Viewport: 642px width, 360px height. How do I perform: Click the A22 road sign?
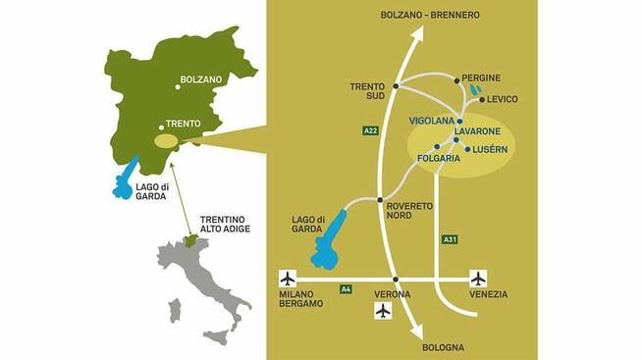[370, 129]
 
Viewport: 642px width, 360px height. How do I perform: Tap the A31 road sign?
[450, 238]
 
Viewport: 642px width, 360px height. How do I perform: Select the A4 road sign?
[346, 288]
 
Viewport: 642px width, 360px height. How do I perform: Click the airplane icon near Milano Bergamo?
[288, 278]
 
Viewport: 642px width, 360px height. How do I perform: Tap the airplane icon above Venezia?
[478, 278]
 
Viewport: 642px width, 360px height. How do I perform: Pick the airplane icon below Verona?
[383, 310]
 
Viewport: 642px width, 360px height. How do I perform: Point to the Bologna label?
[443, 347]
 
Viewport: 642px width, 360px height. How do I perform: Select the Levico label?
[504, 99]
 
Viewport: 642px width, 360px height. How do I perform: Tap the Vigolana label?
[431, 121]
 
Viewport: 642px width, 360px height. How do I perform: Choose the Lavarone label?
[478, 130]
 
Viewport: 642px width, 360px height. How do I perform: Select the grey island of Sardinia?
[175, 311]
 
